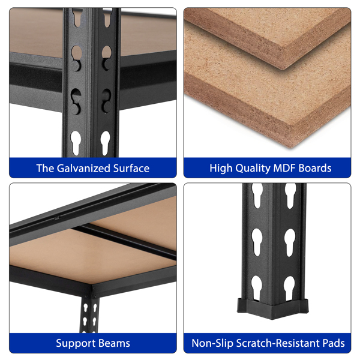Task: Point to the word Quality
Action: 253,169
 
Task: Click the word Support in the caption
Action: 74,344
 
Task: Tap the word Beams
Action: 112,343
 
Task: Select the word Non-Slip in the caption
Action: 212,343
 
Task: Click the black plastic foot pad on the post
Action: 272,308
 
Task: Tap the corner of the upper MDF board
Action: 284,69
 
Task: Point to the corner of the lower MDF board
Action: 291,147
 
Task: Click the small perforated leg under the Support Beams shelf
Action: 90,315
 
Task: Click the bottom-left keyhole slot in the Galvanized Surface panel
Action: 76,143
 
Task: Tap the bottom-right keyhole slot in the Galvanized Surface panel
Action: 106,143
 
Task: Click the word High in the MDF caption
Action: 221,169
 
